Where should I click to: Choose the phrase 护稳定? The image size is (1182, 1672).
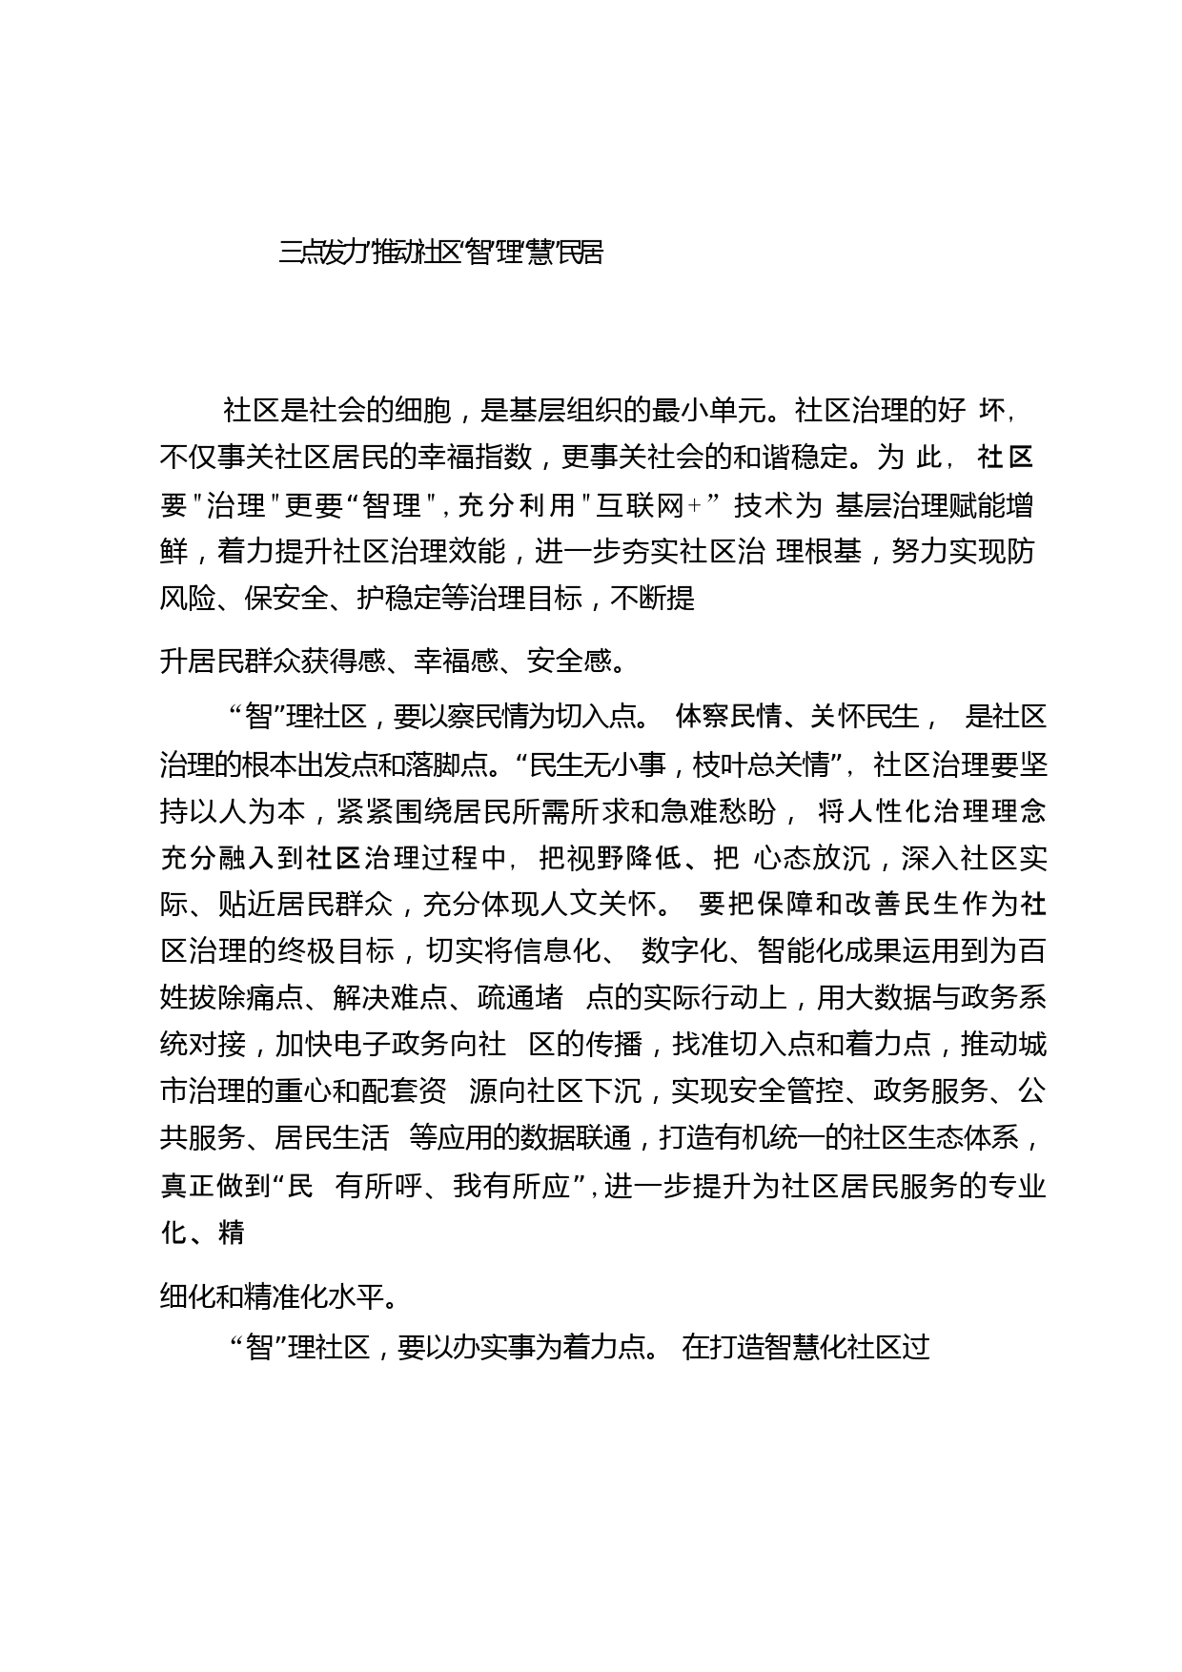pos(399,599)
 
